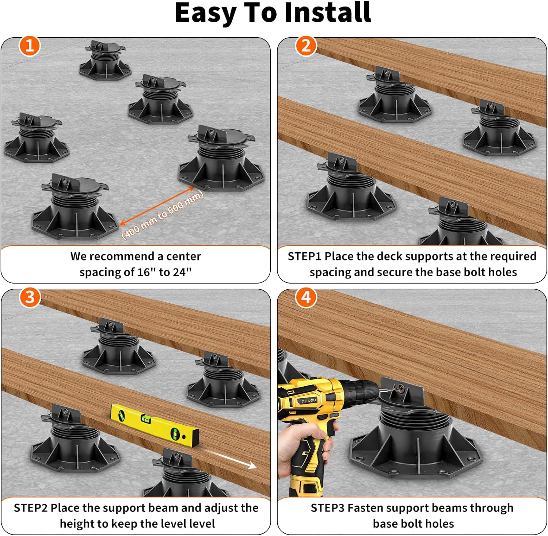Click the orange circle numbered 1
(30, 46)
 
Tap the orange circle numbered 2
(306, 46)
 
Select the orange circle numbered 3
(30, 297)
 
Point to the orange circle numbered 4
(306, 297)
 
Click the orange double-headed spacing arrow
(157, 206)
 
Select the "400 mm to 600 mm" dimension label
(163, 216)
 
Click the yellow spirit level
(155, 425)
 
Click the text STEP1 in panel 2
(305, 256)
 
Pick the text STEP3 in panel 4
(328, 508)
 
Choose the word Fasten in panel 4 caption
(365, 508)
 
